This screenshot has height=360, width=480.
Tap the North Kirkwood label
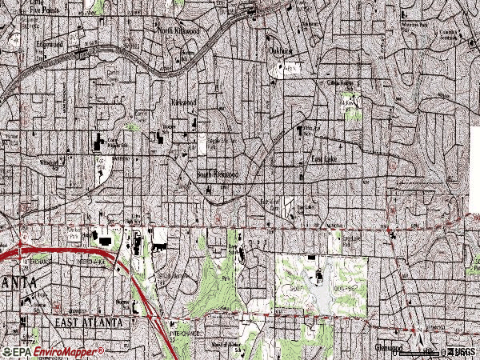178,31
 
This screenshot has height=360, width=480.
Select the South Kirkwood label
218,174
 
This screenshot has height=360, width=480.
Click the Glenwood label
390,348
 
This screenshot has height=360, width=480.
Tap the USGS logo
461,352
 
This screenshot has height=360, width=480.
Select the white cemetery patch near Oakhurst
286,70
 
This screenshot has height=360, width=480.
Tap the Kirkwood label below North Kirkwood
185,103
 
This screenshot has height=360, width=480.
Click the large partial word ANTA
16,284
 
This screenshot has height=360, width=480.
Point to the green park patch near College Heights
350,106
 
